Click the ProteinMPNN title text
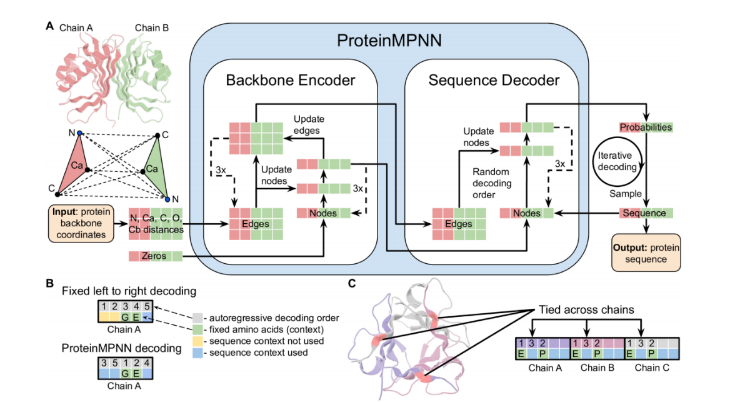[x=389, y=41]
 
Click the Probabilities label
[x=646, y=127]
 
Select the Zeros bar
[x=156, y=256]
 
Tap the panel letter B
[x=49, y=283]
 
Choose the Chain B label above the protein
[x=151, y=28]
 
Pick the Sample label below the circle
[x=621, y=194]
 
